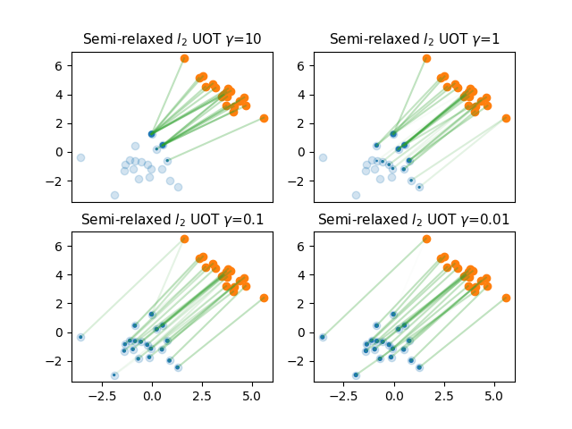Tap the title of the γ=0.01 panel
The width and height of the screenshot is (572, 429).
point(414,220)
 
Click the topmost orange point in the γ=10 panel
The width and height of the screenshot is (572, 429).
point(184,58)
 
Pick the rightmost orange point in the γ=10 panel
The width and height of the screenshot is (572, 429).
point(264,118)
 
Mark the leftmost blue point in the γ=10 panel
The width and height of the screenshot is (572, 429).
point(80,157)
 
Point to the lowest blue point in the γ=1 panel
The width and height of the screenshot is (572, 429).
point(356,195)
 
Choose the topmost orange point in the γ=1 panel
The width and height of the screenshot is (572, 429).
point(426,58)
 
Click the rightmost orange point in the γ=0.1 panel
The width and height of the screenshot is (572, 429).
point(264,298)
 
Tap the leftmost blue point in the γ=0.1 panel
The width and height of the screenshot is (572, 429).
point(80,337)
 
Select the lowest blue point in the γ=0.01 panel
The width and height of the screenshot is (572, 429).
point(356,375)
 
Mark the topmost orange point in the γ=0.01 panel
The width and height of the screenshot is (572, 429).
point(426,239)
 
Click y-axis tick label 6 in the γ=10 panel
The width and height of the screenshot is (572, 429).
point(63,66)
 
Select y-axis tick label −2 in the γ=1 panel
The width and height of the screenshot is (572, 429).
point(303,181)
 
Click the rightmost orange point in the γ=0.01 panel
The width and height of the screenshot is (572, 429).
point(506,298)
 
